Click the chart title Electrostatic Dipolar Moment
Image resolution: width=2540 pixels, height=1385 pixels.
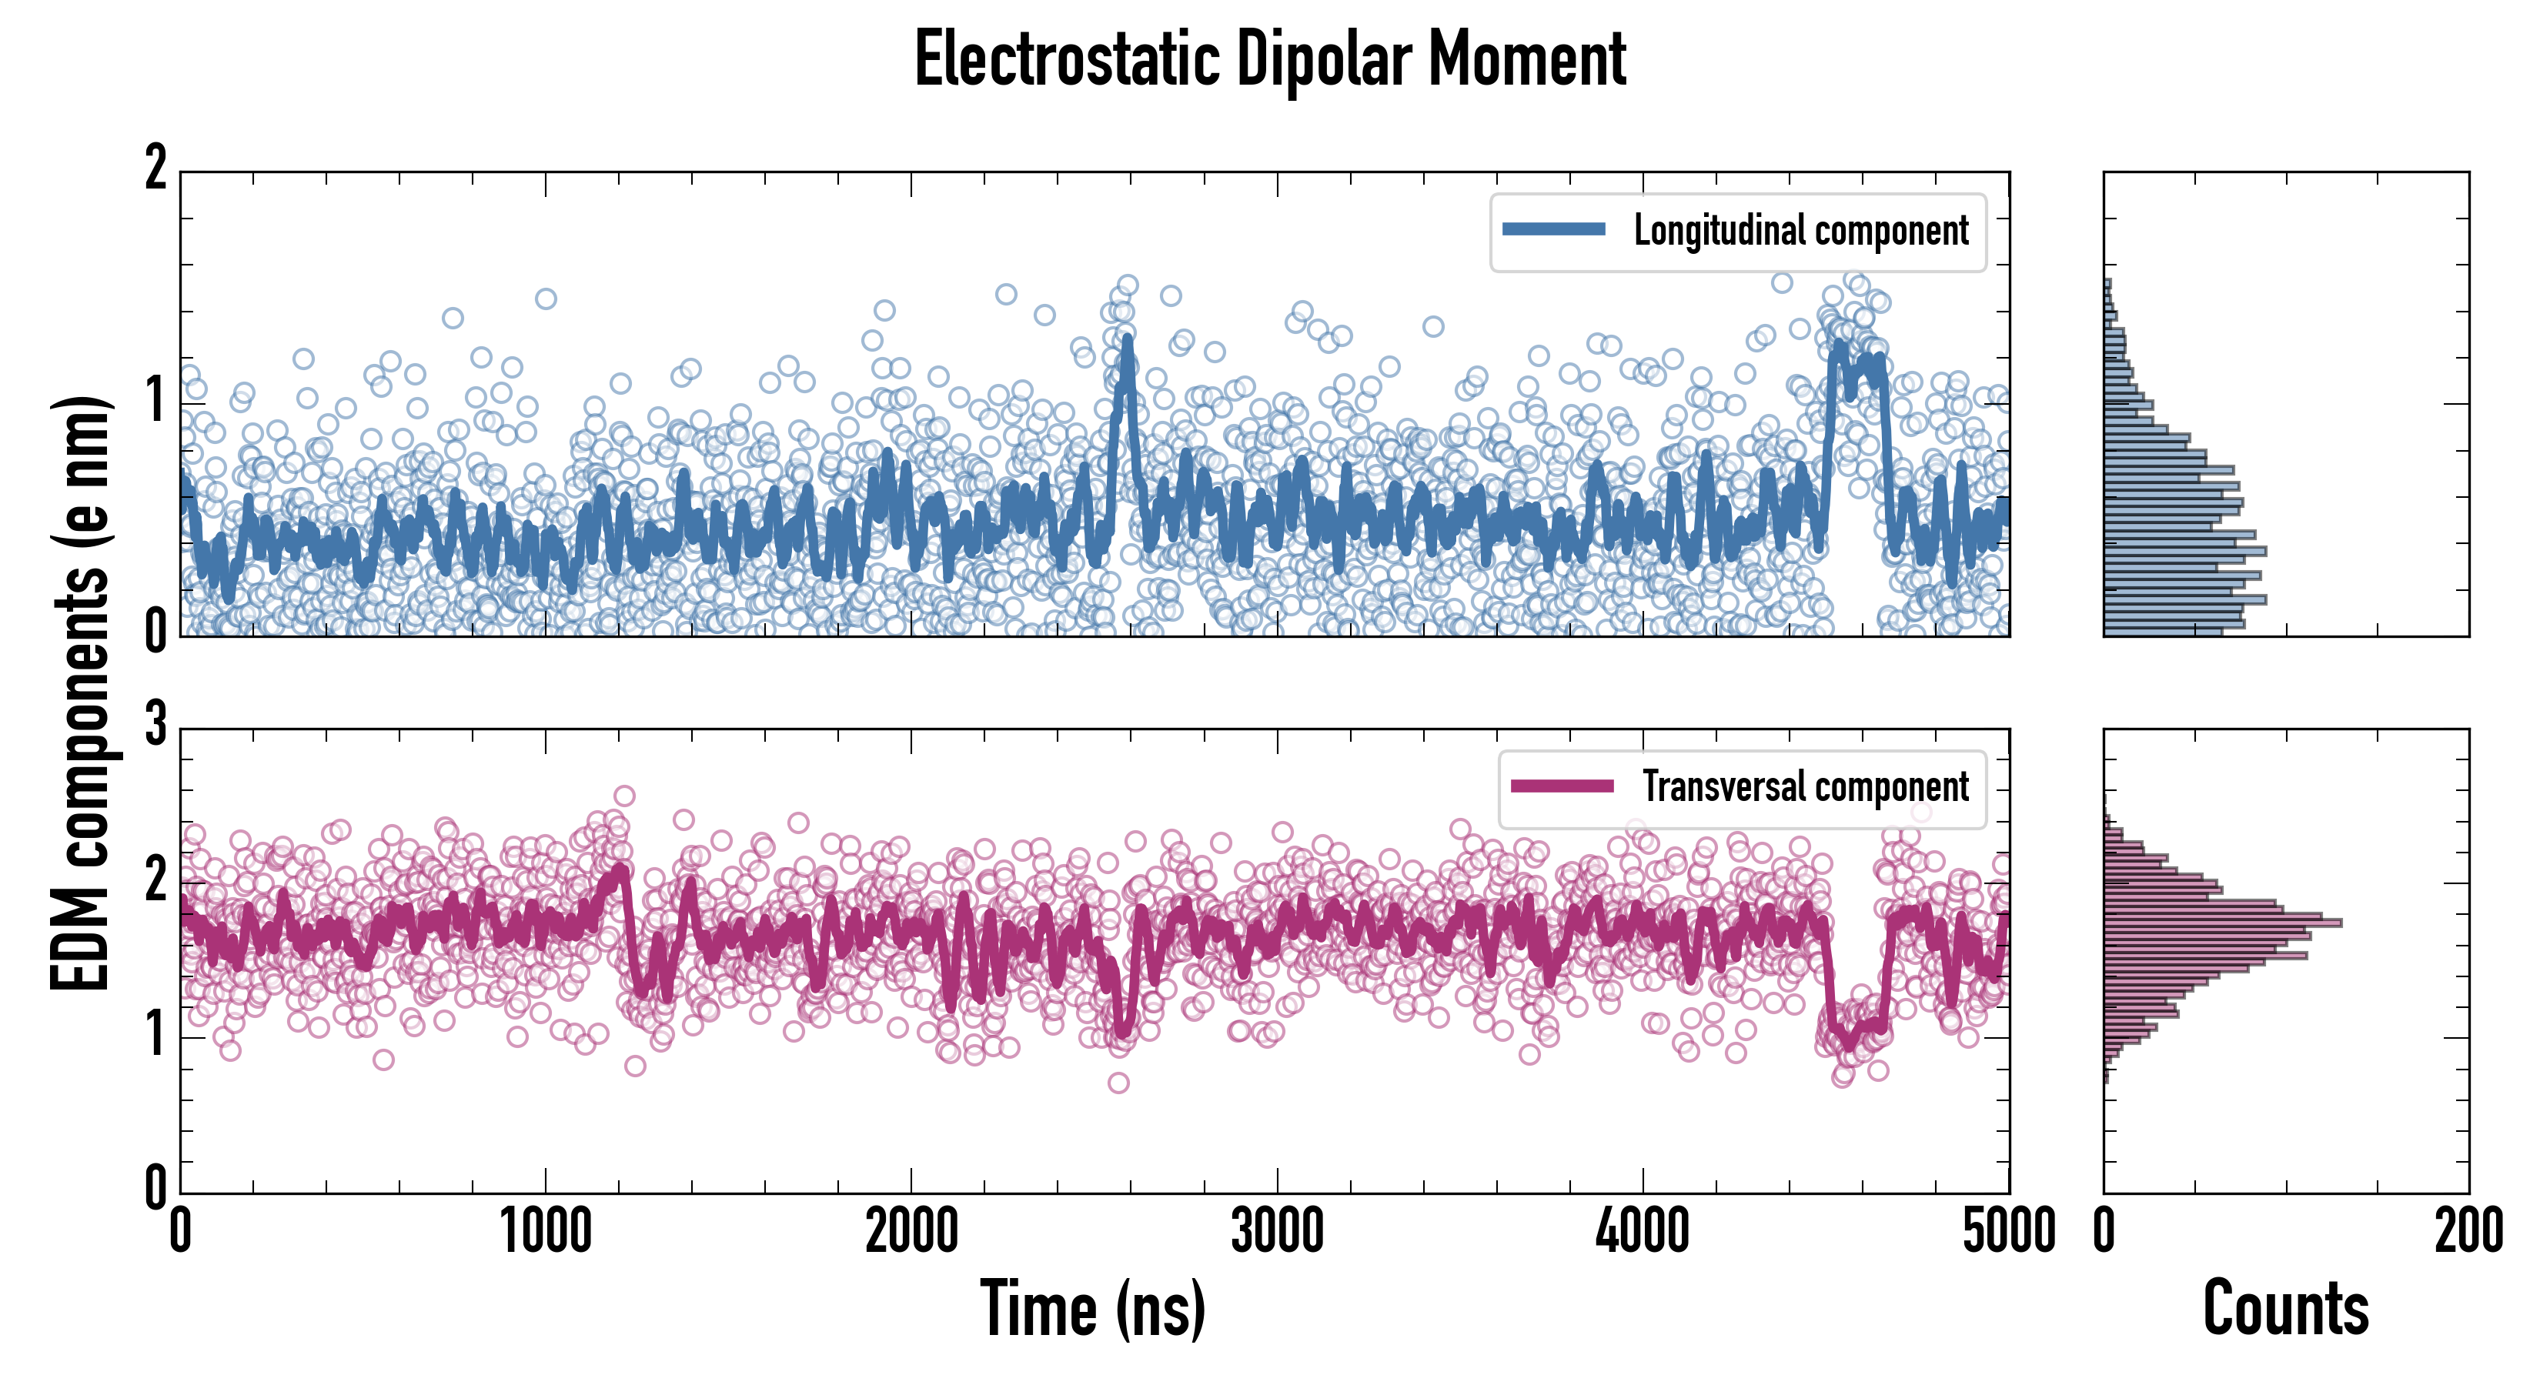click(1270, 59)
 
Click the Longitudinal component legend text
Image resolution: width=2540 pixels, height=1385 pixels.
click(1800, 231)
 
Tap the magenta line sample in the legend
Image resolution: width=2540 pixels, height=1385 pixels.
click(1562, 786)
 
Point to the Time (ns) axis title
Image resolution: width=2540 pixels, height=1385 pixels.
click(1092, 1308)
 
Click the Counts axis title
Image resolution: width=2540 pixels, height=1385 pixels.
click(2285, 1308)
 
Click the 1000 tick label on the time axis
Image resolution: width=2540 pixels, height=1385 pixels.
click(545, 1232)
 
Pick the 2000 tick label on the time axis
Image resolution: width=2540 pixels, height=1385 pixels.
click(911, 1232)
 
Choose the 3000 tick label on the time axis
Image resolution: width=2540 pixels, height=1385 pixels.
click(1277, 1232)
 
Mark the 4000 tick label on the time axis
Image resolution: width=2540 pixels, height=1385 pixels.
click(1643, 1232)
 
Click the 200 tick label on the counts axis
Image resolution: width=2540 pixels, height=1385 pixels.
click(2468, 1232)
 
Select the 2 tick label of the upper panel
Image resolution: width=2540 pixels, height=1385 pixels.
click(155, 169)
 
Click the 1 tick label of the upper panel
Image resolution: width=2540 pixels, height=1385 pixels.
click(155, 401)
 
